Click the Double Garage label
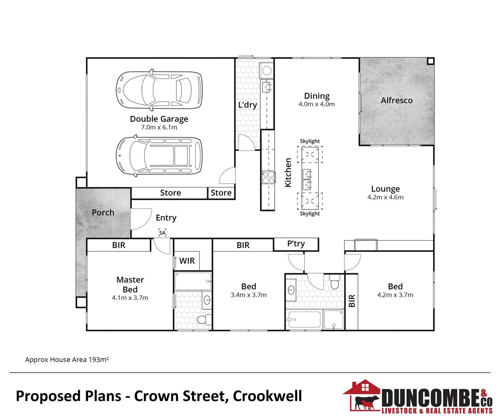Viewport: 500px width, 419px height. (x=159, y=119)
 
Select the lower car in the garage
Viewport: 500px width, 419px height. (x=159, y=156)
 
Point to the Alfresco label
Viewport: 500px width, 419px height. (x=396, y=100)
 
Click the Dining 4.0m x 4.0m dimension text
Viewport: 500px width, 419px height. (x=317, y=104)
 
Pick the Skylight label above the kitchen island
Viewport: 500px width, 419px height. (x=310, y=141)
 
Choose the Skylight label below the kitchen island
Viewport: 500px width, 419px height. (x=310, y=213)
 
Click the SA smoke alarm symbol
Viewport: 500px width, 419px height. (x=163, y=233)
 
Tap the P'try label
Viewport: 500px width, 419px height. (x=296, y=244)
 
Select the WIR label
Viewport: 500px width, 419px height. (x=187, y=261)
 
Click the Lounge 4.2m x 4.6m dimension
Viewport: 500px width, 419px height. (x=385, y=197)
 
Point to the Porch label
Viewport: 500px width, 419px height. (x=103, y=213)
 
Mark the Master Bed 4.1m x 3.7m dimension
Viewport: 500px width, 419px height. (x=130, y=298)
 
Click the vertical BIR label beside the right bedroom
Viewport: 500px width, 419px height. (x=352, y=301)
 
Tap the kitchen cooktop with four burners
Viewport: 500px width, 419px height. (x=268, y=177)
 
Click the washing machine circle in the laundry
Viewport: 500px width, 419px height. (x=267, y=71)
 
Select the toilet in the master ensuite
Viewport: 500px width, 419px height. (x=203, y=320)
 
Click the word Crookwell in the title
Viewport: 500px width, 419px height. (x=267, y=396)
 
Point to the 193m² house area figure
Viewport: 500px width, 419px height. (x=99, y=360)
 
